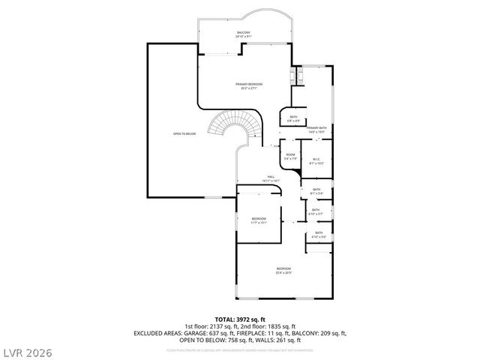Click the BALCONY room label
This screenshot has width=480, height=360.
(x=244, y=34)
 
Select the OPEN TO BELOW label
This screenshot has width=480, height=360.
(x=184, y=134)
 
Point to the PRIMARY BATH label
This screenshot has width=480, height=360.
(x=316, y=130)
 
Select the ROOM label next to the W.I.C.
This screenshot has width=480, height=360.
(x=291, y=157)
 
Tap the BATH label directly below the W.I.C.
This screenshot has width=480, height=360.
(x=316, y=191)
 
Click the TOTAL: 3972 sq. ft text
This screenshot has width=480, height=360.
(x=240, y=319)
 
